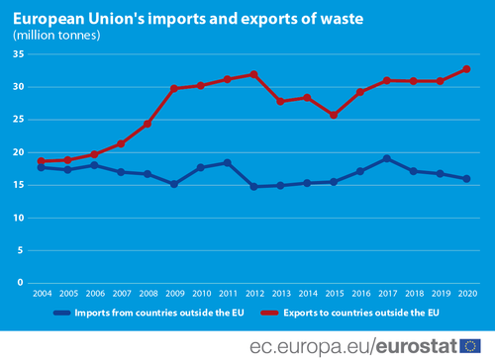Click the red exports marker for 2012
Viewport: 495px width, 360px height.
253,74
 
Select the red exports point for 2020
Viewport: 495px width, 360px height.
466,69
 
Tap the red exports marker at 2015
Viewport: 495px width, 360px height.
334,115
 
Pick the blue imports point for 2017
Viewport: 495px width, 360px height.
387,159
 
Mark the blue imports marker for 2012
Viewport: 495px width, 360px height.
253,187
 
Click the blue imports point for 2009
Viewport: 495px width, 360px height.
174,184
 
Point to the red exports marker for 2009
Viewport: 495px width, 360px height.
174,88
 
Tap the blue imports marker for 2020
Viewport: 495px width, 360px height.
466,179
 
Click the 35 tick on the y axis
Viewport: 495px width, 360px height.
19,54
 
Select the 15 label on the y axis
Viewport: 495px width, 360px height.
19,185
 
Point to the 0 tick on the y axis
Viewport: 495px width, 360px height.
21,283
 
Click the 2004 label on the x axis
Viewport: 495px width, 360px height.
43,294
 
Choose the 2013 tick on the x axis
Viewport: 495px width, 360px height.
281,294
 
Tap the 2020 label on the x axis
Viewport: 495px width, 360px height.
467,294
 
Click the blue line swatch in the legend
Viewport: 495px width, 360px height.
62,313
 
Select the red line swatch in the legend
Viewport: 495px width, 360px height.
269,313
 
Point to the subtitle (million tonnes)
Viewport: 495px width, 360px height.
56,36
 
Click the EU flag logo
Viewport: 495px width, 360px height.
470,346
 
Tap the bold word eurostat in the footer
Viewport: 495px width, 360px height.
417,346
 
